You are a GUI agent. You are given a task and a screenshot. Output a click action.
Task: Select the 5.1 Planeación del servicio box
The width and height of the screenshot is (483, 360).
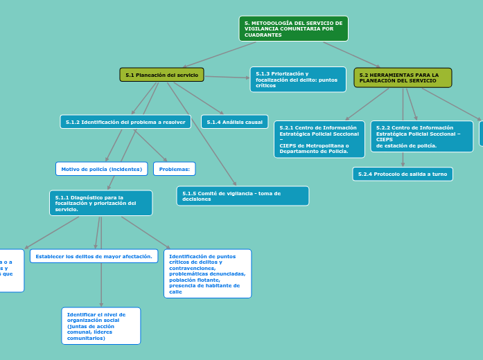tap(161, 75)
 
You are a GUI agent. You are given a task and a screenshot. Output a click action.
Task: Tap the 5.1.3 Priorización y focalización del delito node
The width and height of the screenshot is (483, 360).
tap(298, 79)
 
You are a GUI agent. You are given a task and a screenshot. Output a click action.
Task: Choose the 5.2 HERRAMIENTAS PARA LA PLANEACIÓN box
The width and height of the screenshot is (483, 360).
tap(403, 78)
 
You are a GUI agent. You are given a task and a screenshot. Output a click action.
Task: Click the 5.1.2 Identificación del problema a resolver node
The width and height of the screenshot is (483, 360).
tap(125, 122)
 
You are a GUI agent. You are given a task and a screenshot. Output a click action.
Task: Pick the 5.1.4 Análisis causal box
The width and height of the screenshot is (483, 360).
tap(234, 122)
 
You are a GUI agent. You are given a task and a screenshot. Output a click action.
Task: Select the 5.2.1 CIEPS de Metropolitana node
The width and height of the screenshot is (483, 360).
tap(319, 139)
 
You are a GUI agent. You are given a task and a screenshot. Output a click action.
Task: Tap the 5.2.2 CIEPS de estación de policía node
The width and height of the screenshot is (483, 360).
tap(421, 136)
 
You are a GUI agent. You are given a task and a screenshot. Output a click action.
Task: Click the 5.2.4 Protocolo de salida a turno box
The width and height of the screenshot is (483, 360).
tap(402, 174)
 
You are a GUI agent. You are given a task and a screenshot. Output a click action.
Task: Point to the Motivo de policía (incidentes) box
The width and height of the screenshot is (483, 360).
tap(101, 169)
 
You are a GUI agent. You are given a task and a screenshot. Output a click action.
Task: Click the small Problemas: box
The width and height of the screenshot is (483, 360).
tap(174, 169)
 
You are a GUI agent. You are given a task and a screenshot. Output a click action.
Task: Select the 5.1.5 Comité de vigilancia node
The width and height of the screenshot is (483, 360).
tap(243, 196)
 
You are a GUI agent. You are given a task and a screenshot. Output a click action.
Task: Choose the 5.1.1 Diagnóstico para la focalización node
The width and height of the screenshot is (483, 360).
tap(100, 203)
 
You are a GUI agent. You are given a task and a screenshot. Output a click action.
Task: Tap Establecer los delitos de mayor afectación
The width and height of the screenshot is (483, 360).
tap(94, 256)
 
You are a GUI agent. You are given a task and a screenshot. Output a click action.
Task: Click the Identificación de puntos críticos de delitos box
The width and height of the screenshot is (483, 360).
tap(207, 273)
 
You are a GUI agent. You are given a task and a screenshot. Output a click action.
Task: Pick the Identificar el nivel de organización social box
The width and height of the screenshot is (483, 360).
tap(100, 325)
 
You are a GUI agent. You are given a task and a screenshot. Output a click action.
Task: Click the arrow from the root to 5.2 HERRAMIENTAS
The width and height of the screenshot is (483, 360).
tap(351, 55)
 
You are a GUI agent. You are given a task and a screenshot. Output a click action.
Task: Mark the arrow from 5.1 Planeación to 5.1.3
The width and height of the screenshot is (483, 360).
tap(227, 77)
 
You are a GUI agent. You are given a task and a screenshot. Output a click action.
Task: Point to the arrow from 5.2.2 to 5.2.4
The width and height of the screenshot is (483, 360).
tap(403, 159)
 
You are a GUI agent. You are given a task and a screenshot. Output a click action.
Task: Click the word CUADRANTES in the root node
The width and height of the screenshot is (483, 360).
tap(263, 35)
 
